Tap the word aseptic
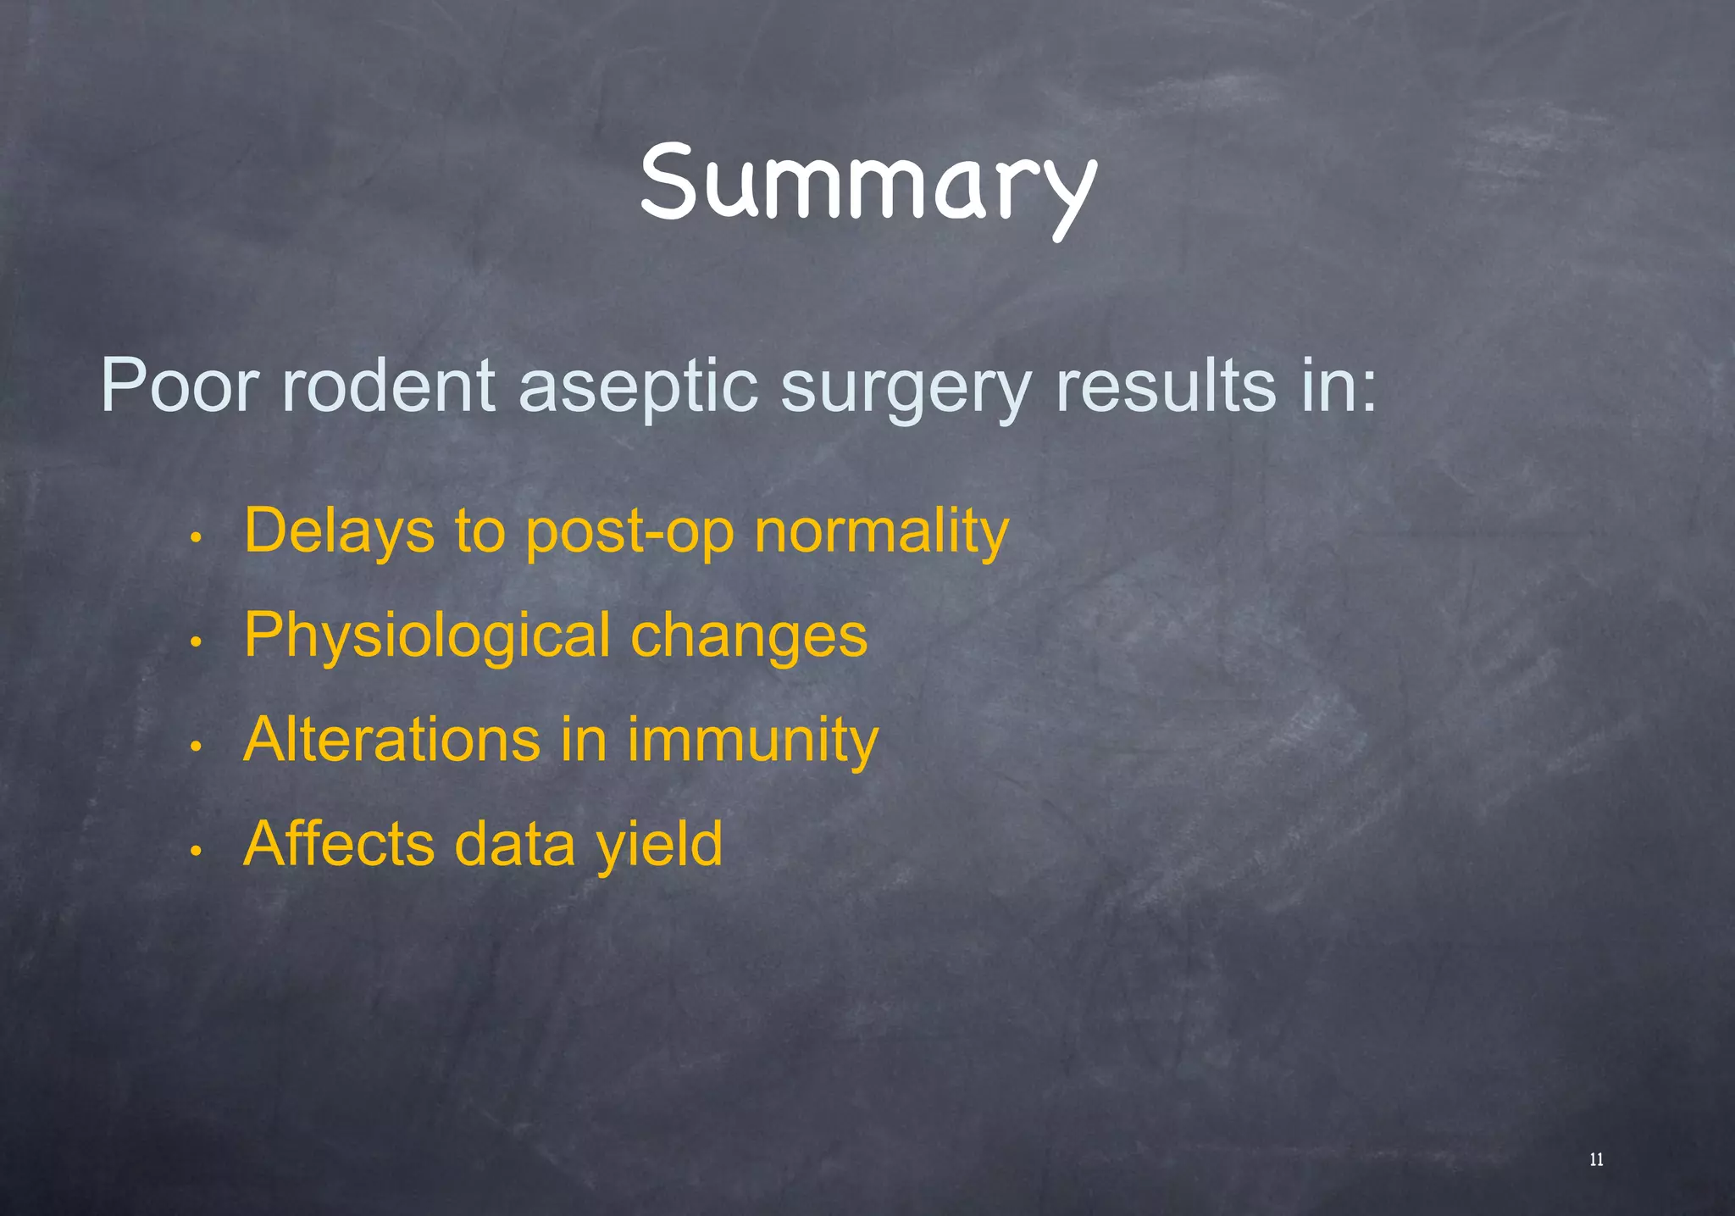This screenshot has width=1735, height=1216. click(x=637, y=386)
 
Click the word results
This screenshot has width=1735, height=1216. click(x=1166, y=386)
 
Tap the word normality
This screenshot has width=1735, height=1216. click(x=881, y=532)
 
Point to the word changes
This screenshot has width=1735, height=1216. click(x=749, y=636)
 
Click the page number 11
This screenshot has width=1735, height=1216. click(x=1596, y=1160)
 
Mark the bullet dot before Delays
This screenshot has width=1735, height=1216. click(x=195, y=538)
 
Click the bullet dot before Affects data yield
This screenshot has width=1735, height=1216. click(x=195, y=851)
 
